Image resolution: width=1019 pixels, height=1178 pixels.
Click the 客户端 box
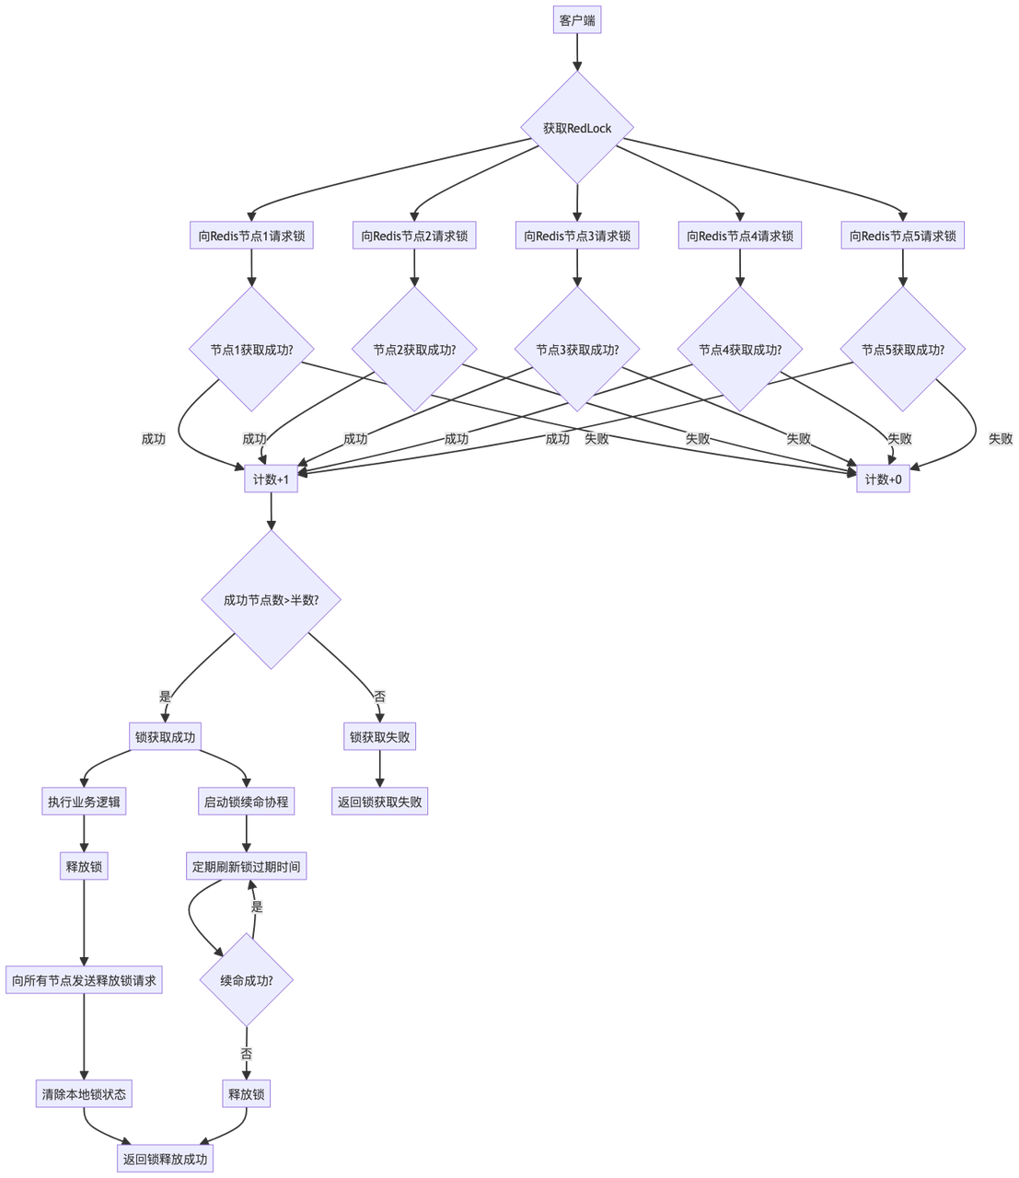coord(577,20)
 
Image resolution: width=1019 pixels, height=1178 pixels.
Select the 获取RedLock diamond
coord(577,128)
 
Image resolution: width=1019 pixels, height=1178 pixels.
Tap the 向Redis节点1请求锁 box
coord(251,236)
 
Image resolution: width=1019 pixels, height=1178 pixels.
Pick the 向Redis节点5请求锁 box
coord(902,236)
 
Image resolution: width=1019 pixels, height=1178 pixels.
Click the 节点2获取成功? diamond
coord(414,350)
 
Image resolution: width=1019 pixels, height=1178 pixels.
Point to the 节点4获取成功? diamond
coord(740,350)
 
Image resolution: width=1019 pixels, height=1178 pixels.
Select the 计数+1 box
coord(271,479)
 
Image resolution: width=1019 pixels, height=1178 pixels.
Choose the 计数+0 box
coord(883,479)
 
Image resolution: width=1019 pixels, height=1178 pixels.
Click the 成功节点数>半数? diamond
coord(271,600)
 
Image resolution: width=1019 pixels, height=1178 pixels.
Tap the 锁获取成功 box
coord(165,736)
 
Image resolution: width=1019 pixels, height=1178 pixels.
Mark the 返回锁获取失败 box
coord(379,802)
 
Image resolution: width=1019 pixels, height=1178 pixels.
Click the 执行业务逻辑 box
coord(84,802)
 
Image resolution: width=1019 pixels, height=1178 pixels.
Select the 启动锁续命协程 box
coord(246,802)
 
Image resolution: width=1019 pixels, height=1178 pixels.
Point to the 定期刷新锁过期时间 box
coord(246,867)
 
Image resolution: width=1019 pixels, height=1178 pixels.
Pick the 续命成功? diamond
coord(246,980)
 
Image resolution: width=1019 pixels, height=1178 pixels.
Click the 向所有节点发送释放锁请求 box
coord(84,981)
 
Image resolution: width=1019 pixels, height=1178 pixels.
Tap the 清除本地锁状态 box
coord(84,1094)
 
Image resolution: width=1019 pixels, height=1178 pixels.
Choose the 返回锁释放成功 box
coord(166,1159)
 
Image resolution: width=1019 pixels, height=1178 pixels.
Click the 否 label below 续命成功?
coord(247,1053)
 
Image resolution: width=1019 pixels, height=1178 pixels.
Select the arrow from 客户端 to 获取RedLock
coord(577,52)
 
